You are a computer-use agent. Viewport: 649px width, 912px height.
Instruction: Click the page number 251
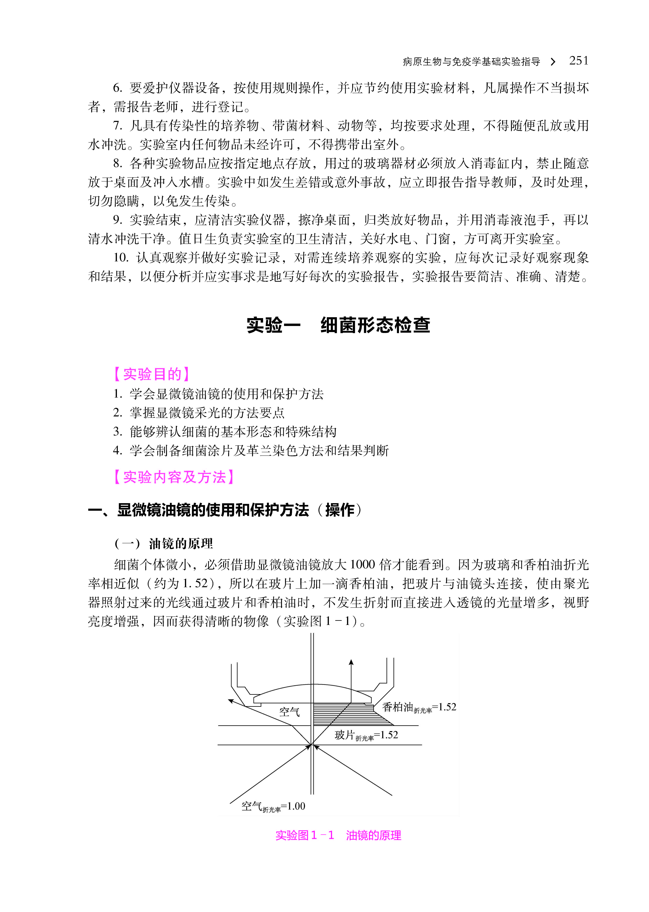coord(578,61)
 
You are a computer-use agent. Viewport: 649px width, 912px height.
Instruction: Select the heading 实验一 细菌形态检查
coord(338,325)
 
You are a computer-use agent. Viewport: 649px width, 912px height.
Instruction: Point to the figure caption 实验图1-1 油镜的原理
coord(338,835)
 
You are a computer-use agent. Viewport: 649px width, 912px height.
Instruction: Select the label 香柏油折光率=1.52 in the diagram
coord(419,708)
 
